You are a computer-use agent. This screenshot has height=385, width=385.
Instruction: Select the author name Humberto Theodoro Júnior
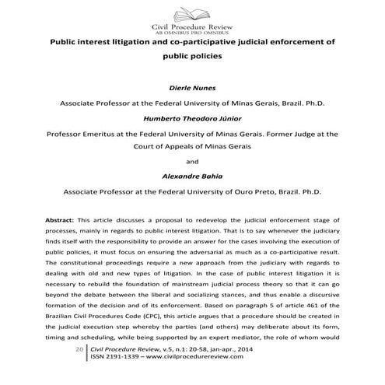pos(192,119)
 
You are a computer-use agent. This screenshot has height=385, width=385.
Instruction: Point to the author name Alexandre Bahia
pos(192,177)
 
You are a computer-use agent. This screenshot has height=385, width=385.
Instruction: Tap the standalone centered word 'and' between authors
pos(192,163)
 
